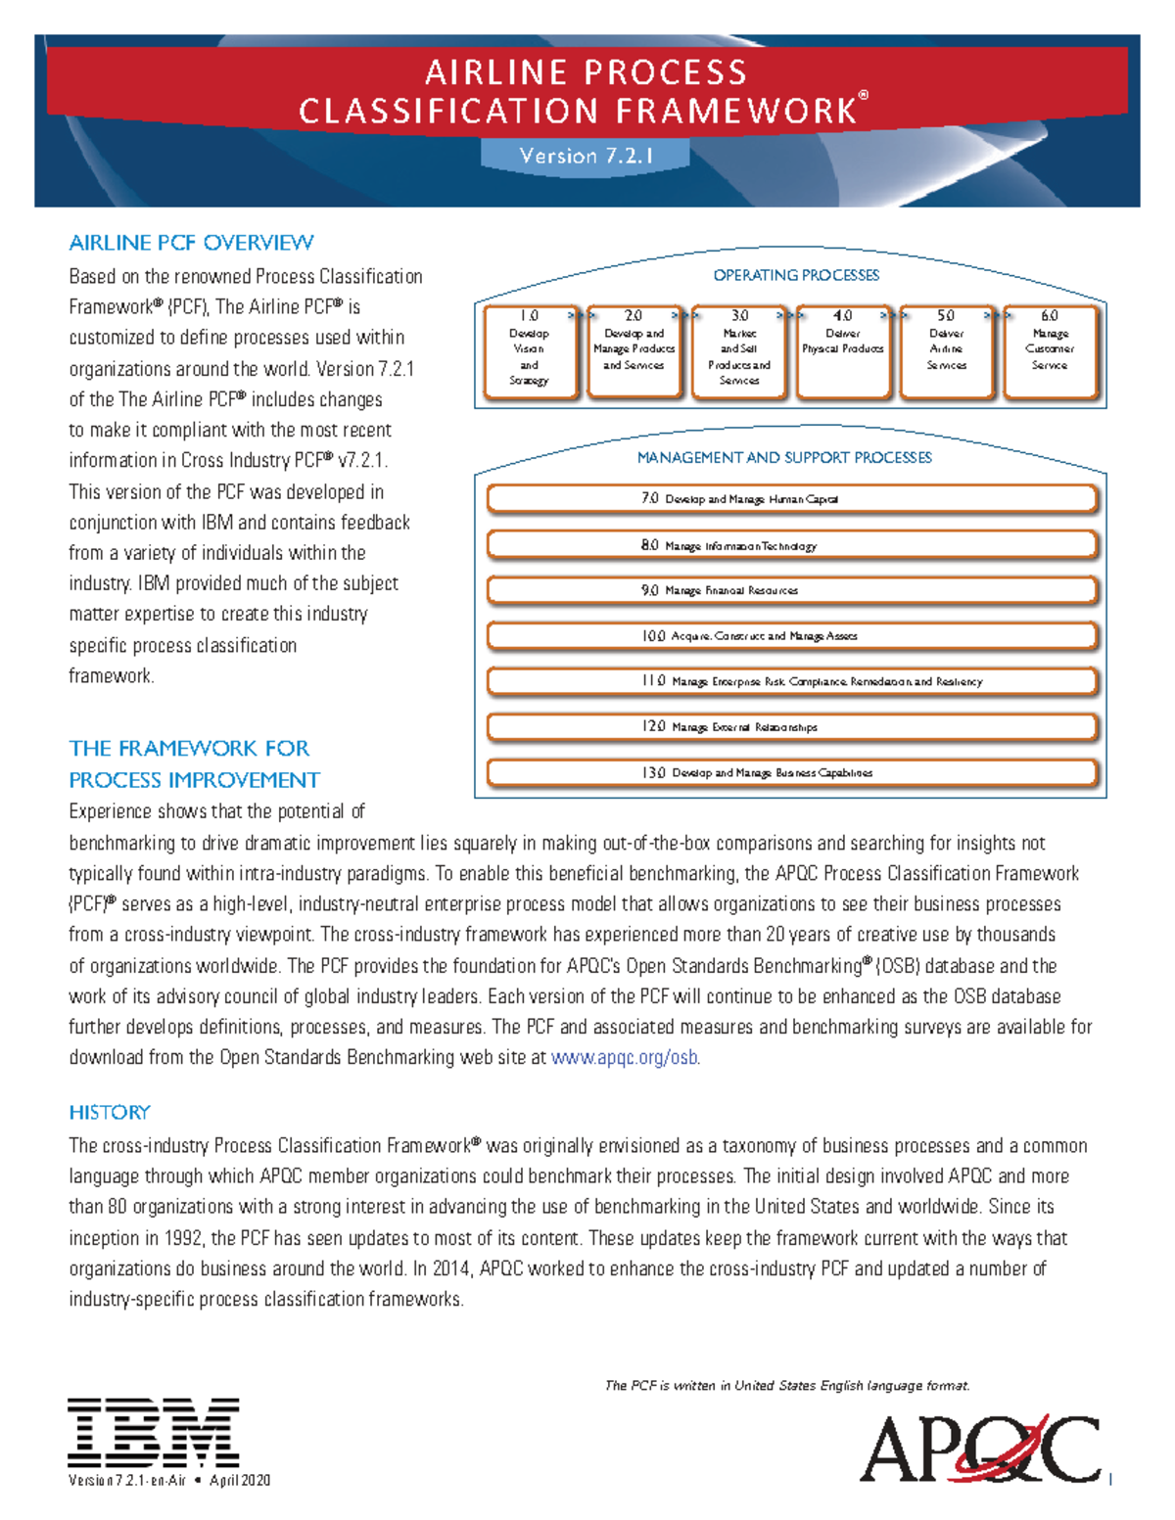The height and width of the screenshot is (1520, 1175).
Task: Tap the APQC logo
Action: pos(980,1448)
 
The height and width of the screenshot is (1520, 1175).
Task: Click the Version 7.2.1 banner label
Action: pos(586,156)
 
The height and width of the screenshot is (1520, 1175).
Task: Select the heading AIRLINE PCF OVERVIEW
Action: pos(191,243)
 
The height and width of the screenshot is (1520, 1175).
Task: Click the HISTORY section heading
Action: pos(110,1112)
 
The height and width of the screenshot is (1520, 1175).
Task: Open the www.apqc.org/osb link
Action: pos(625,1057)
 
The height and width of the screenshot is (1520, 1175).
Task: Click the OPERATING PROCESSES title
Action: pos(796,275)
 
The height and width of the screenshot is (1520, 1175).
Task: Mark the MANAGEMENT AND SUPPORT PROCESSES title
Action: pos(784,457)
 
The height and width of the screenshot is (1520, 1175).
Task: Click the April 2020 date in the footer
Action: pos(240,1480)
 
